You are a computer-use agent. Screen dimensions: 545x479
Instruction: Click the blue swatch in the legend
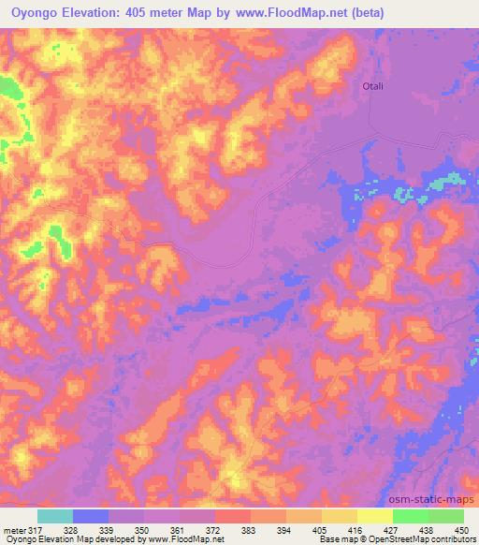point(91,516)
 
